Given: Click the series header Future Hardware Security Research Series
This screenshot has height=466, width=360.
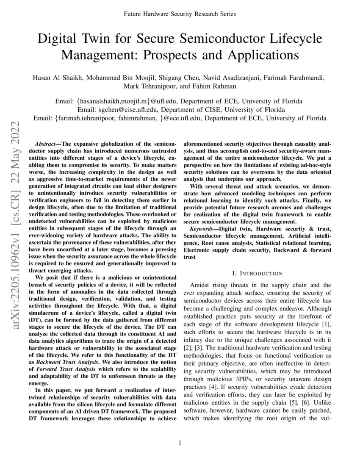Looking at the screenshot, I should point(180,14).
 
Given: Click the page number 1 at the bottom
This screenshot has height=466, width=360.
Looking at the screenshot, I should point(180,443).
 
